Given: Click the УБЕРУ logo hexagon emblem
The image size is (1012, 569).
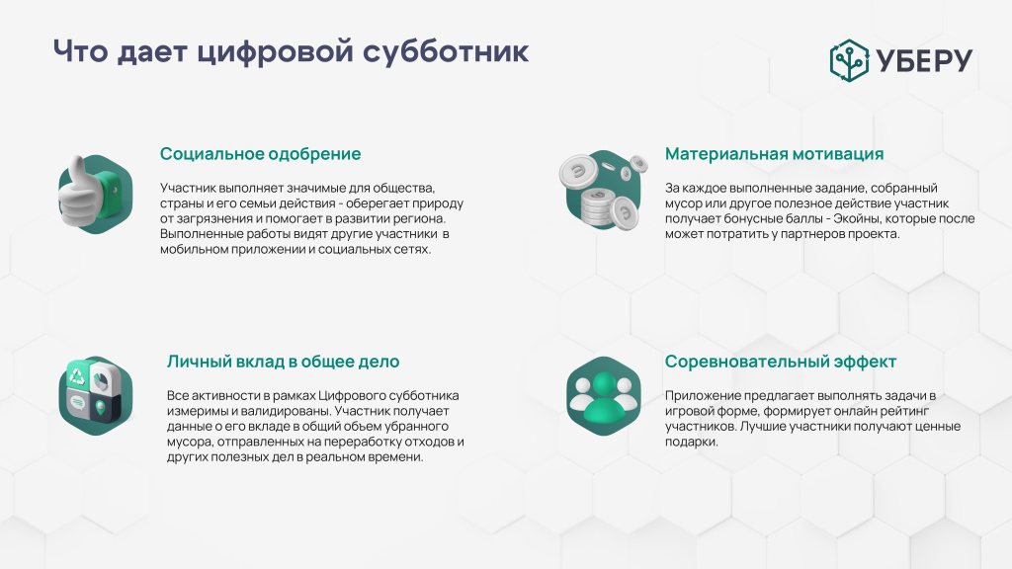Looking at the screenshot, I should click(849, 59).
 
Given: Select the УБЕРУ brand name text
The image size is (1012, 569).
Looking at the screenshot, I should click(923, 60).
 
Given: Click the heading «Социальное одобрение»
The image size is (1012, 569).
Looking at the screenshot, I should click(260, 154).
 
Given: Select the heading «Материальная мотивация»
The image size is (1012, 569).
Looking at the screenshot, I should click(774, 154).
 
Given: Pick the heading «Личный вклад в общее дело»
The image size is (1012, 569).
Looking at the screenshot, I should click(283, 362).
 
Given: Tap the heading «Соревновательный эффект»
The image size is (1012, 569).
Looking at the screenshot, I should click(781, 362).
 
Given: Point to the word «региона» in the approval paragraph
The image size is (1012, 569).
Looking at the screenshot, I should click(418, 218).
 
